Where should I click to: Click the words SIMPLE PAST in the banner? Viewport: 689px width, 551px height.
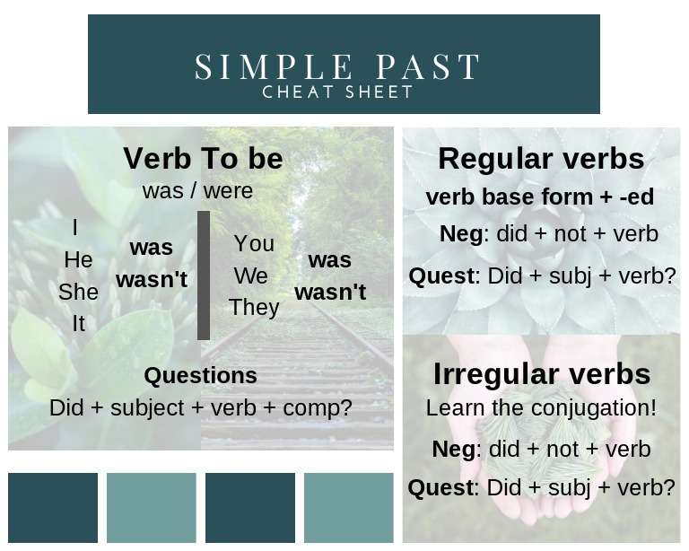(337, 67)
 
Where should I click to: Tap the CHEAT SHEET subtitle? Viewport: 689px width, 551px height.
(337, 92)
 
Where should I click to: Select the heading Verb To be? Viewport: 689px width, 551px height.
(203, 159)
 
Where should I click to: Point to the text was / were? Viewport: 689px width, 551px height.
(197, 190)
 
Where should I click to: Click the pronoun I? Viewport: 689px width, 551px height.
(74, 229)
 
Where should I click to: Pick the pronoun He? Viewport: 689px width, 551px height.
(78, 260)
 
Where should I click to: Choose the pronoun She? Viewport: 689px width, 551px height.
(78, 292)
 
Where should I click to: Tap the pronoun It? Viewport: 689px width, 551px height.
(78, 323)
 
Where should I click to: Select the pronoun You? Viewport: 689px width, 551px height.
(254, 244)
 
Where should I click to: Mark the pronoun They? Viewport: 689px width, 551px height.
(254, 307)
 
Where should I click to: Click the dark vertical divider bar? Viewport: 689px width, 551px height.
(204, 275)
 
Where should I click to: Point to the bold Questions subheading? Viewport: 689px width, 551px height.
(200, 375)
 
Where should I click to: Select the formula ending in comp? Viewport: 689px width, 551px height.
(200, 407)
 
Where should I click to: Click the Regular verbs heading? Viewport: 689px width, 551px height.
(541, 159)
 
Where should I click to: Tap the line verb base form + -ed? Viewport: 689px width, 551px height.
(539, 197)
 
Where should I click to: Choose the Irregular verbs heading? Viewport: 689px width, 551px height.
(541, 373)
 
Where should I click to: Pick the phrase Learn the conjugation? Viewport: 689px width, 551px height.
(541, 407)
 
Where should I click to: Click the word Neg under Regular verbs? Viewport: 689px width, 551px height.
(461, 234)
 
